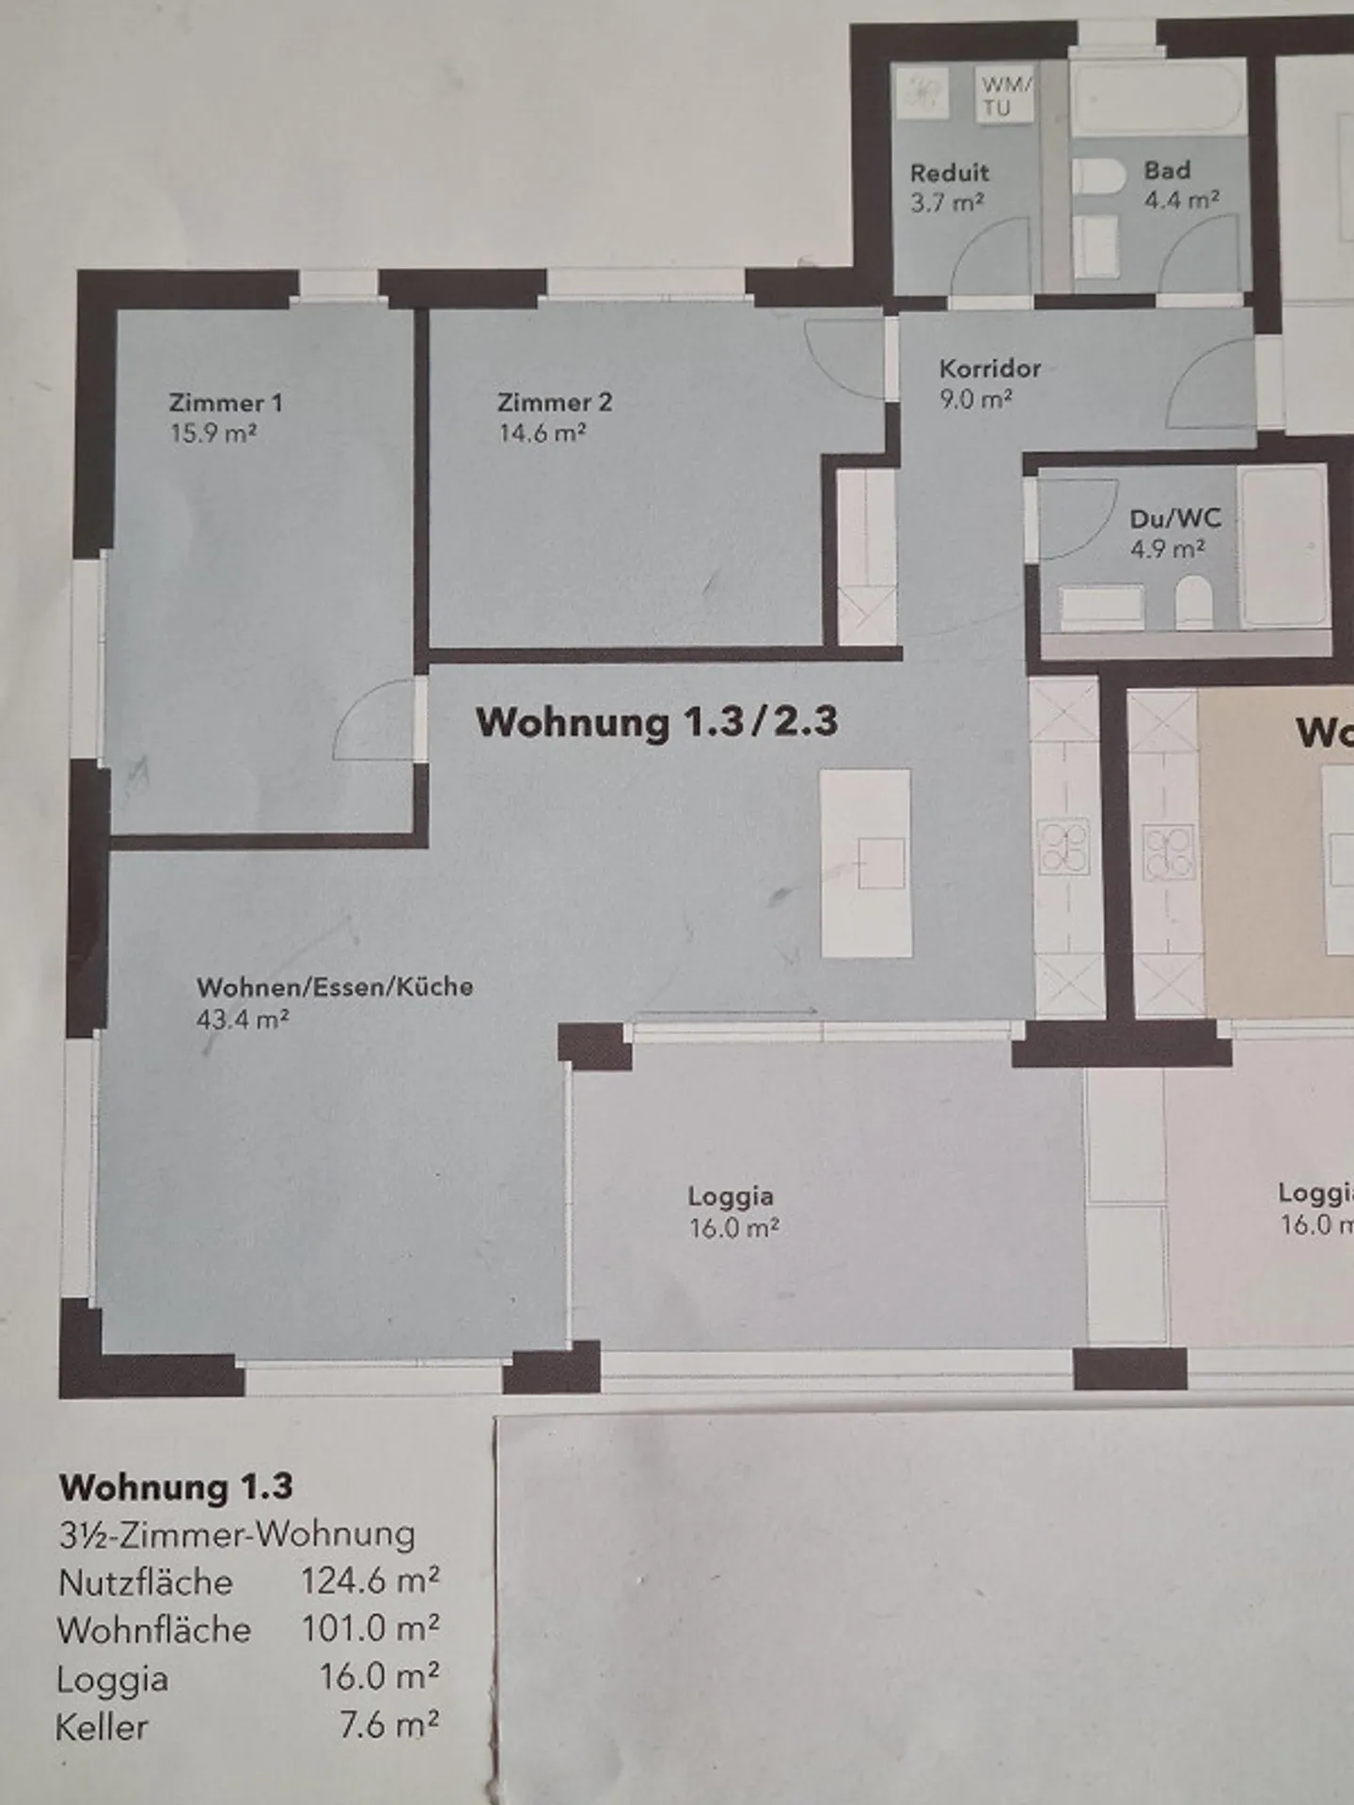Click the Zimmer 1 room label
(x=225, y=403)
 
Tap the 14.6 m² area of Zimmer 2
(x=543, y=433)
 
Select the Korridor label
(x=989, y=369)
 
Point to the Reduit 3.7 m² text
(x=948, y=187)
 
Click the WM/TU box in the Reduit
(x=1005, y=95)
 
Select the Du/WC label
(x=1174, y=518)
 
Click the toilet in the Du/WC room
(x=1194, y=602)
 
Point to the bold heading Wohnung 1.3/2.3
(x=656, y=722)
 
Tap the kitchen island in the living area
(x=866, y=863)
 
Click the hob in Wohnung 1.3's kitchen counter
(x=1063, y=846)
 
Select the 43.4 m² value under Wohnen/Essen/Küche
(x=242, y=1019)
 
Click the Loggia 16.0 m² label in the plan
(x=732, y=1212)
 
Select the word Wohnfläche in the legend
(x=154, y=1630)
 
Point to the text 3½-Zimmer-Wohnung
(x=237, y=1534)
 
